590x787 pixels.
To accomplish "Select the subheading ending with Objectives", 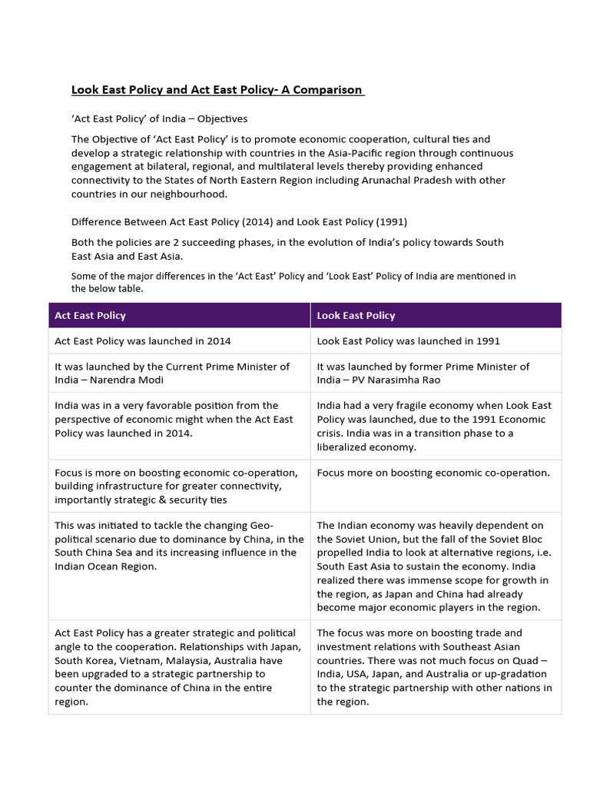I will (x=159, y=119).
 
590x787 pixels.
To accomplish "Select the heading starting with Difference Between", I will (x=240, y=222).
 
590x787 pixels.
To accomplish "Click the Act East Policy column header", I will (x=91, y=315).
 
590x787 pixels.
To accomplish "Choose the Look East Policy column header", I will (x=356, y=315).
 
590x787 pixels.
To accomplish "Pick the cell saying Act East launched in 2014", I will (x=143, y=340).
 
